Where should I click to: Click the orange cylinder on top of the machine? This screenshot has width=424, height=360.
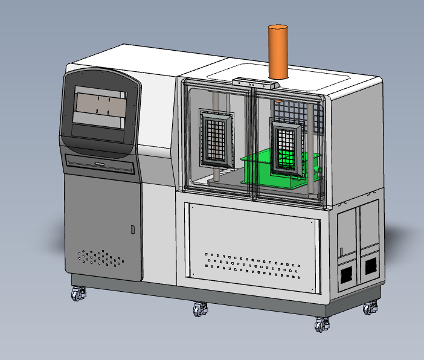pyautogui.click(x=279, y=51)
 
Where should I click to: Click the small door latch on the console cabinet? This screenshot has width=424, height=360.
pyautogui.click(x=133, y=230)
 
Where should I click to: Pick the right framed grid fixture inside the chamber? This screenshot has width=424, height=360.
pyautogui.click(x=287, y=147)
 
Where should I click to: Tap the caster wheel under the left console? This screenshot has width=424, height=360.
pyautogui.click(x=78, y=295)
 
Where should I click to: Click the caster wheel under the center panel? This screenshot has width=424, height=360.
pyautogui.click(x=200, y=309)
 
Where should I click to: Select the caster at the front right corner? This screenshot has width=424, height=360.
pyautogui.click(x=322, y=324)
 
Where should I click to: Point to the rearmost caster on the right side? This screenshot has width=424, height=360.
pyautogui.click(x=370, y=308)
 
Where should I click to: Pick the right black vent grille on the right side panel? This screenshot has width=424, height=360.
pyautogui.click(x=370, y=265)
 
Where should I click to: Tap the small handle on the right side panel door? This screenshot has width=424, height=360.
pyautogui.click(x=341, y=251)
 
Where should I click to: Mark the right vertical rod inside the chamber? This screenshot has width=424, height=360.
pyautogui.click(x=310, y=151)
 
